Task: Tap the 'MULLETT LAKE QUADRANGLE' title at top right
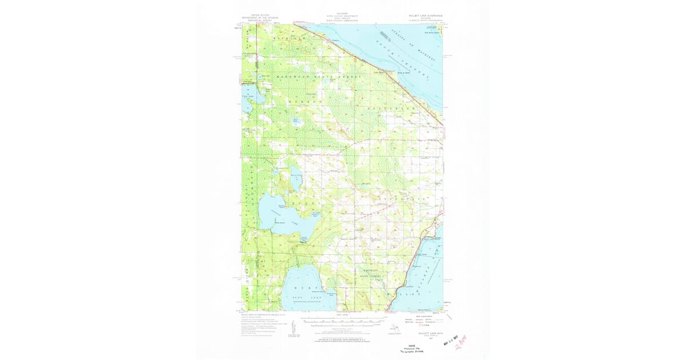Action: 424,16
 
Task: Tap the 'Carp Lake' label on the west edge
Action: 248,97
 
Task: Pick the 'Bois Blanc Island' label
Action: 432,33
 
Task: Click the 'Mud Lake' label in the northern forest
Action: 296,121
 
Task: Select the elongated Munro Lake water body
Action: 296,182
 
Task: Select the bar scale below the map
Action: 342,321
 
